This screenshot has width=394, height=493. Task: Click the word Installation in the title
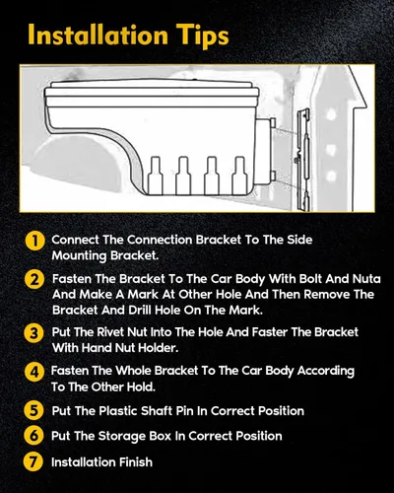pyautogui.click(x=98, y=35)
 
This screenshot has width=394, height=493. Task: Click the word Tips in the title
pyautogui.click(x=201, y=36)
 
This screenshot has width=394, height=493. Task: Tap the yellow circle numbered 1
pyautogui.click(x=34, y=242)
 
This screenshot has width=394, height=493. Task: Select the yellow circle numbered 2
pyautogui.click(x=34, y=280)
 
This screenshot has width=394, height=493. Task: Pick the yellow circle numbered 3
pyautogui.click(x=33, y=333)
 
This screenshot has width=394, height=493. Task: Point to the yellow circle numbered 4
pyautogui.click(x=33, y=373)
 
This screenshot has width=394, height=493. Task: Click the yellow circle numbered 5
pyautogui.click(x=33, y=411)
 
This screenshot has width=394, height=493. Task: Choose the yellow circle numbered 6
pyautogui.click(x=33, y=436)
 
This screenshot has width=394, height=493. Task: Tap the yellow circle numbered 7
pyautogui.click(x=33, y=461)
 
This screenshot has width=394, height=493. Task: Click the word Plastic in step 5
pyautogui.click(x=117, y=411)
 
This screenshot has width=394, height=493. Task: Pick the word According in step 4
pyautogui.click(x=326, y=372)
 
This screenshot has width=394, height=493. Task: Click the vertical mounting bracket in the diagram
pyautogui.click(x=303, y=160)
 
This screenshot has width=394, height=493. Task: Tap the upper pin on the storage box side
pyautogui.click(x=273, y=122)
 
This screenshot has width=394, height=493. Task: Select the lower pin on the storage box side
pyautogui.click(x=273, y=176)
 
